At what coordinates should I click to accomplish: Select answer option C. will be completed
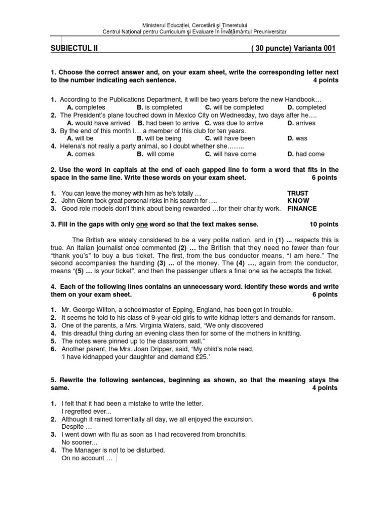[x=234, y=107]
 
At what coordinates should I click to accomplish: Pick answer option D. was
[x=297, y=138]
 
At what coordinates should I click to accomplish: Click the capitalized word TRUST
[x=297, y=193]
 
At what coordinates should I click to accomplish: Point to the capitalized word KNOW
[x=298, y=201]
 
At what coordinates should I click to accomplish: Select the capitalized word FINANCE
[x=302, y=208]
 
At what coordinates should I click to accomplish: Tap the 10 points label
[x=324, y=224]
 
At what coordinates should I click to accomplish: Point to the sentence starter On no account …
[x=87, y=458]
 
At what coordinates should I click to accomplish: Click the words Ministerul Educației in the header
[x=165, y=25]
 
